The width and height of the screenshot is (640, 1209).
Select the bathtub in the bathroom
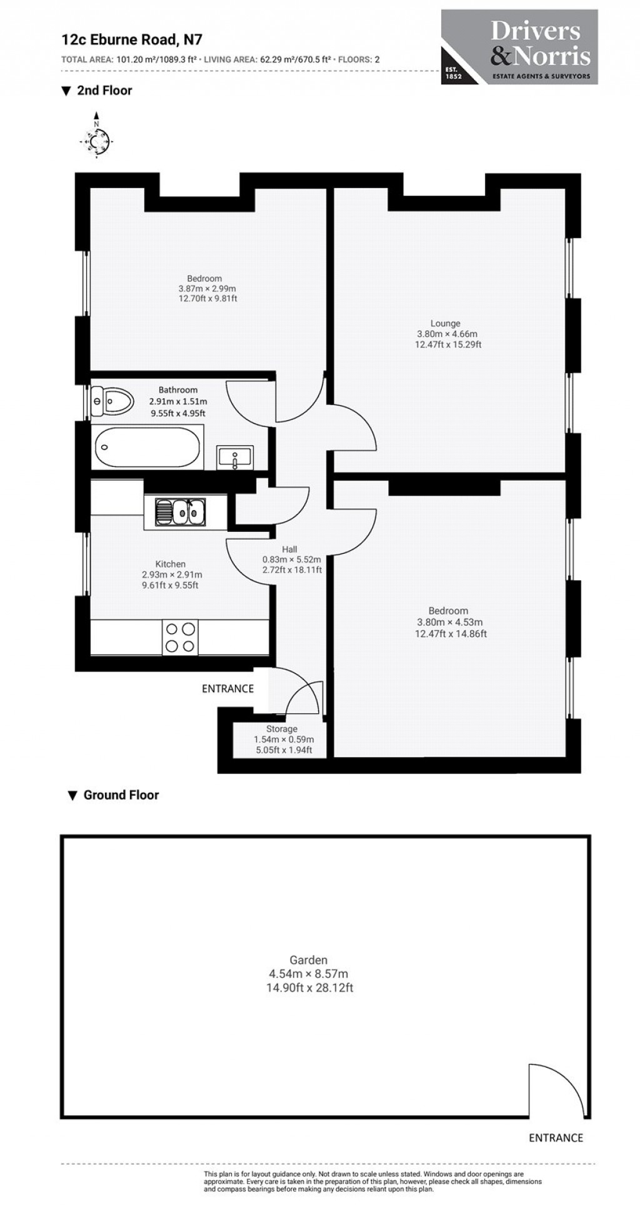(x=147, y=447)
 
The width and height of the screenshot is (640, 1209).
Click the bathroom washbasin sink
(x=234, y=457)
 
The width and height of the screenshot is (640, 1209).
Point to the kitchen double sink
(x=181, y=512)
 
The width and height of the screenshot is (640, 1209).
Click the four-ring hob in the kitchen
(x=180, y=637)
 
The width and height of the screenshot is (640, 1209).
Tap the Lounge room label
(x=445, y=323)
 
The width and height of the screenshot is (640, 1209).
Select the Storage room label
(x=282, y=729)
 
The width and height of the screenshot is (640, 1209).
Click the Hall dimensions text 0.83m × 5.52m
(x=292, y=559)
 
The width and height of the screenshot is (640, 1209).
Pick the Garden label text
(x=308, y=960)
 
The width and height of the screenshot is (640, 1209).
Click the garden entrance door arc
(x=556, y=1088)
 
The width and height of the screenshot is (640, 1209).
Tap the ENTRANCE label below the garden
(x=556, y=1138)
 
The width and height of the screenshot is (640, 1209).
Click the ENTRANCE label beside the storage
(x=227, y=688)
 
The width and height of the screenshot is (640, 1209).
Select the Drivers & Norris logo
(x=519, y=47)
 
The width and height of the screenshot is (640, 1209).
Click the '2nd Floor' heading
(x=104, y=91)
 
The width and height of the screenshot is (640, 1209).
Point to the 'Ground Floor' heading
(x=121, y=795)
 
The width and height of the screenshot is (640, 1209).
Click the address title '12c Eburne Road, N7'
(x=131, y=40)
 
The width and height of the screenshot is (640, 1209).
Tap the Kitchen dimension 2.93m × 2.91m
(x=172, y=574)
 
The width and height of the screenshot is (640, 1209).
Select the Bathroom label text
(x=177, y=390)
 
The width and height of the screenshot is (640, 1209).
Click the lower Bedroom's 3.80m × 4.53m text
(x=450, y=622)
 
